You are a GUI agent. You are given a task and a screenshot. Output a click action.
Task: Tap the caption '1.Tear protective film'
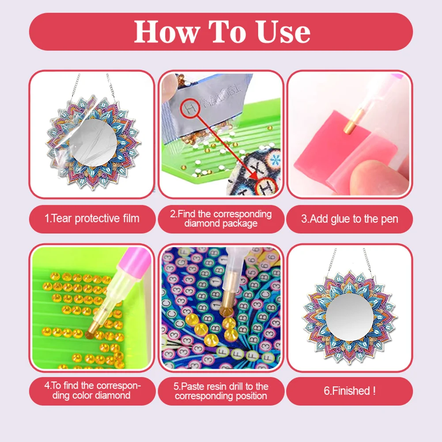pyautogui.click(x=92, y=219)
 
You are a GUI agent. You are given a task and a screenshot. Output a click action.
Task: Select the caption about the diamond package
pyautogui.click(x=221, y=219)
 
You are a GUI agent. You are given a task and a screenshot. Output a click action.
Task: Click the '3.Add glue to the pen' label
pyautogui.click(x=349, y=219)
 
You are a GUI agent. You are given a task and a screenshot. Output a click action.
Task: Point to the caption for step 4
pyautogui.click(x=92, y=390)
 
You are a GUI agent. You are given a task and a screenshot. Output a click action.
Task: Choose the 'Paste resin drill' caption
pyautogui.click(x=221, y=391)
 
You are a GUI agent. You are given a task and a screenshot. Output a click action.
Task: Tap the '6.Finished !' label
pyautogui.click(x=349, y=391)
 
